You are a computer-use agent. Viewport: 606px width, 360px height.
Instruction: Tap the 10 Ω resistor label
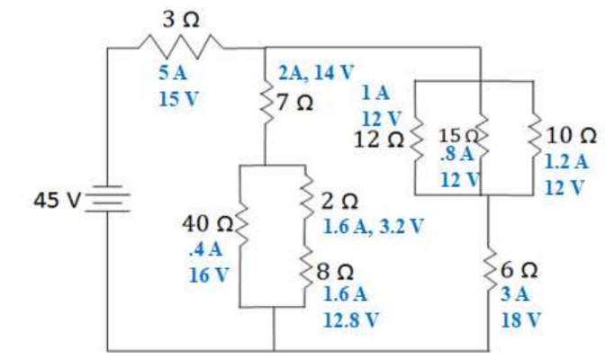click(x=570, y=136)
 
